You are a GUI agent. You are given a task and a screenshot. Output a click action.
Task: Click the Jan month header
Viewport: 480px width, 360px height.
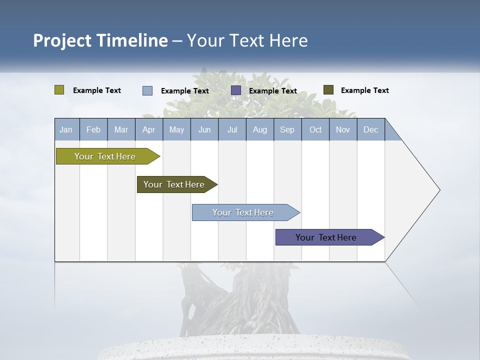click(x=66, y=129)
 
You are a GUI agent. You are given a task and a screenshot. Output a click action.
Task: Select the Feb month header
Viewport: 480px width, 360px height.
click(x=93, y=129)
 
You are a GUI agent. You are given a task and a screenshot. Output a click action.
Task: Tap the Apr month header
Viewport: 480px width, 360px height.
click(x=148, y=129)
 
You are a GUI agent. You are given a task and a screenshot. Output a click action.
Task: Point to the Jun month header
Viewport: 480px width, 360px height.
click(x=204, y=129)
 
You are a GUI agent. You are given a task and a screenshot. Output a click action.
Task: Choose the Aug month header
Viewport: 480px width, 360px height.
click(x=259, y=129)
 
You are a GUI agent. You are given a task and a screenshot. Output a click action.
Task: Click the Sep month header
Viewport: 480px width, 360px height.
click(x=287, y=129)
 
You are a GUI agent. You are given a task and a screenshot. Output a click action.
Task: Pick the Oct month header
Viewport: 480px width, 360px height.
click(x=315, y=129)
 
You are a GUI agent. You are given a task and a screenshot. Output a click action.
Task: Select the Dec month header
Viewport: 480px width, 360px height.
click(x=370, y=129)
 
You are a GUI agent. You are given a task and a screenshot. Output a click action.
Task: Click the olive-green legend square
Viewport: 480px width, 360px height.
click(x=59, y=90)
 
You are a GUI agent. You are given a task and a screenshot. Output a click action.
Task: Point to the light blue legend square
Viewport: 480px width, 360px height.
click(x=147, y=90)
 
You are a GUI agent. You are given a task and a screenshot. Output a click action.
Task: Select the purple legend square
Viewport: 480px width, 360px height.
click(x=236, y=90)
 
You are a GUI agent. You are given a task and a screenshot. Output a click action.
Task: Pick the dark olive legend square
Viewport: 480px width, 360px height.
click(x=328, y=90)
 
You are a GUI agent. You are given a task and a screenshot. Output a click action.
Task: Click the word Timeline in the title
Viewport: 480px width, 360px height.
click(x=131, y=40)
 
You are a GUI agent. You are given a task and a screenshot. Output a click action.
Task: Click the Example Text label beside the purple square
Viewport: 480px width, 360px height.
click(x=272, y=91)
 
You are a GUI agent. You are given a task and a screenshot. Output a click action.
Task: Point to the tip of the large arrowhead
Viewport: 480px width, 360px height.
click(x=439, y=190)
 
